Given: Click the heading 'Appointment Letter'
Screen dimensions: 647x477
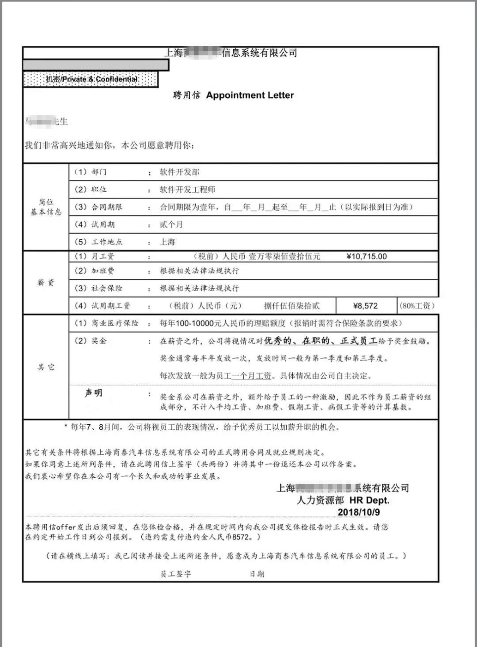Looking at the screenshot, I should click(x=250, y=95).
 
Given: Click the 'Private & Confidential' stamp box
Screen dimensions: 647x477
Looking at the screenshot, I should click(x=91, y=79).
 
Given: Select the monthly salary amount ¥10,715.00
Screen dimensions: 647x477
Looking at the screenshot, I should click(x=366, y=256).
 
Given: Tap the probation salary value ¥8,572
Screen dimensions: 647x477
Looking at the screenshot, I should click(x=365, y=306).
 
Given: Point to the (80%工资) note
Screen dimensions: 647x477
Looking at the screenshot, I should click(x=417, y=306).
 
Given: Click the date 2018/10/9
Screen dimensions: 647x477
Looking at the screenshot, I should click(x=358, y=512).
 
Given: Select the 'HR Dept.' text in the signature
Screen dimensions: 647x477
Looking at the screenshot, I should click(x=369, y=500).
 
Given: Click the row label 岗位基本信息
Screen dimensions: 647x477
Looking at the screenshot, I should click(x=46, y=207).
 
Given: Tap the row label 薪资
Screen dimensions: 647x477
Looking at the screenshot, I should click(x=46, y=283).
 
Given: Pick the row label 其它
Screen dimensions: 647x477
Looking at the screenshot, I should click(x=46, y=367).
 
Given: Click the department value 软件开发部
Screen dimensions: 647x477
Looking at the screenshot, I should click(x=180, y=172).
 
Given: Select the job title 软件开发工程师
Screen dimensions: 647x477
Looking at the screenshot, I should click(x=187, y=190).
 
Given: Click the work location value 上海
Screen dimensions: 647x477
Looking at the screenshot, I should click(x=168, y=242).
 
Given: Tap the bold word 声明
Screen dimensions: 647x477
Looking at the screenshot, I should click(x=93, y=393).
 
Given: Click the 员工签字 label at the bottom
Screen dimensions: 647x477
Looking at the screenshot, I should click(x=175, y=574).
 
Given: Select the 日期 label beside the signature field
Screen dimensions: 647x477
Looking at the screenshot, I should click(x=257, y=574).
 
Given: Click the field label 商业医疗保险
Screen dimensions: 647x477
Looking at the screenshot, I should click(x=115, y=323).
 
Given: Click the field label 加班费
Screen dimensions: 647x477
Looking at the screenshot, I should click(x=103, y=271).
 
